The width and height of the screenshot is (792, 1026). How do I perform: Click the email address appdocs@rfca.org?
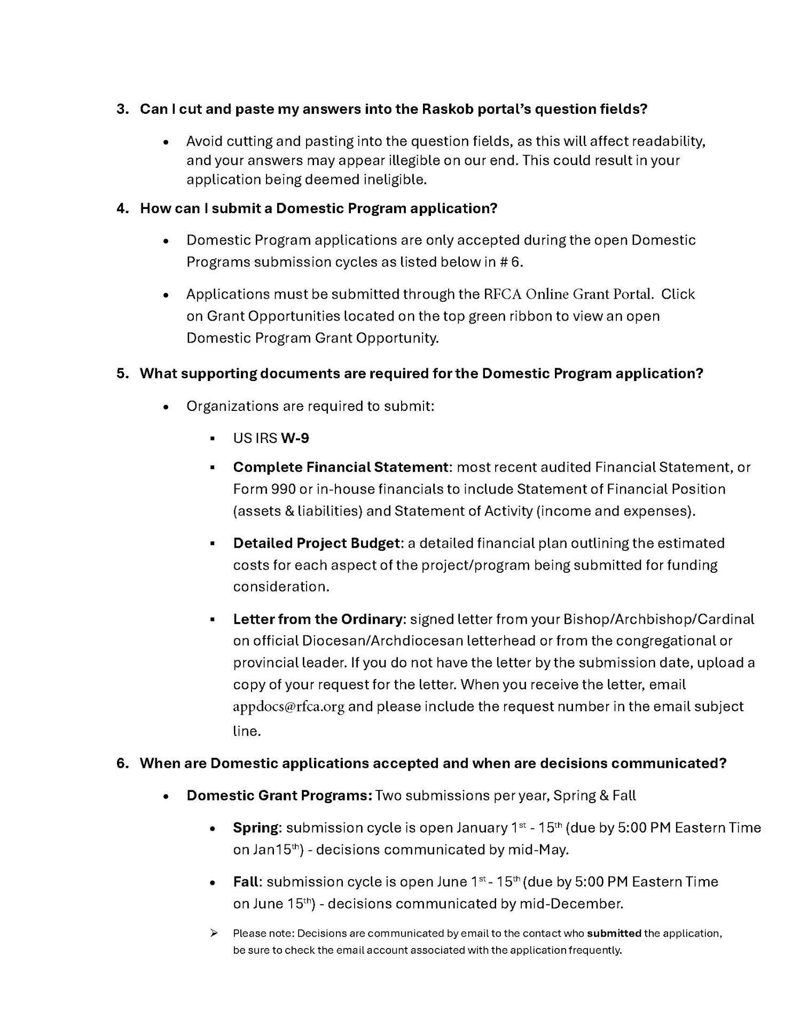(x=288, y=707)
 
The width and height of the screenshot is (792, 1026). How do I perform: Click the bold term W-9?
(x=295, y=439)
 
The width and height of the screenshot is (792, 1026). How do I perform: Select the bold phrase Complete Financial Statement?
(x=340, y=468)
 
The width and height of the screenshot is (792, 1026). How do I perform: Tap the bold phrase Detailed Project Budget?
(x=316, y=543)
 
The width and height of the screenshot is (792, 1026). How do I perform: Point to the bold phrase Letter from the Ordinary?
(x=317, y=619)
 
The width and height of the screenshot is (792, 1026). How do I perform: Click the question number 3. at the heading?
(x=122, y=109)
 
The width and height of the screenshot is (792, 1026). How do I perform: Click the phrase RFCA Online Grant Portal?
(x=568, y=294)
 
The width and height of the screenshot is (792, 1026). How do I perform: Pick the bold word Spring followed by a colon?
(x=256, y=828)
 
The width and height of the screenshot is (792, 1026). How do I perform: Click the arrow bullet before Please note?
(x=214, y=933)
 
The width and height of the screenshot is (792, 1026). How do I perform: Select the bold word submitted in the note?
(x=614, y=934)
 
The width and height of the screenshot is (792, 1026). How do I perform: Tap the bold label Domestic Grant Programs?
(x=279, y=796)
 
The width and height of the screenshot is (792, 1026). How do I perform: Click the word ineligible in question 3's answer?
(x=394, y=180)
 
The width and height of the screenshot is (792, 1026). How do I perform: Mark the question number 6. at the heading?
(x=122, y=763)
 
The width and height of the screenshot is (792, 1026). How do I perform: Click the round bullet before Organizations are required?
(x=167, y=407)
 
